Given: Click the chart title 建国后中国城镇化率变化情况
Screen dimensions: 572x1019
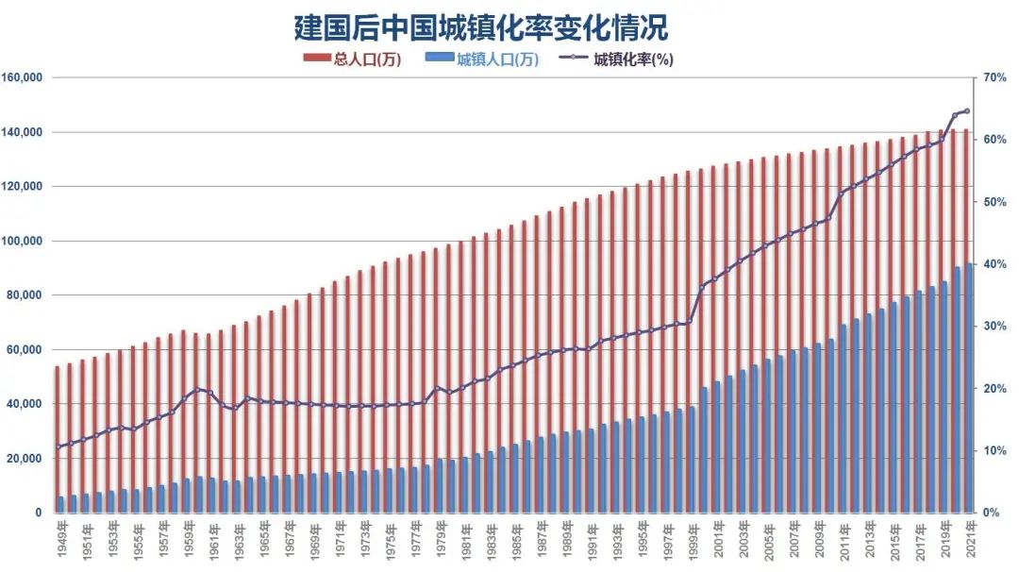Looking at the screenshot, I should tap(480, 26).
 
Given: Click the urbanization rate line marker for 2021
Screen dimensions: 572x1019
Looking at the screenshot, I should tap(967, 111).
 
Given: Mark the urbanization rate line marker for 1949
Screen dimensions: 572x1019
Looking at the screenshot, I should tap(58, 446).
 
